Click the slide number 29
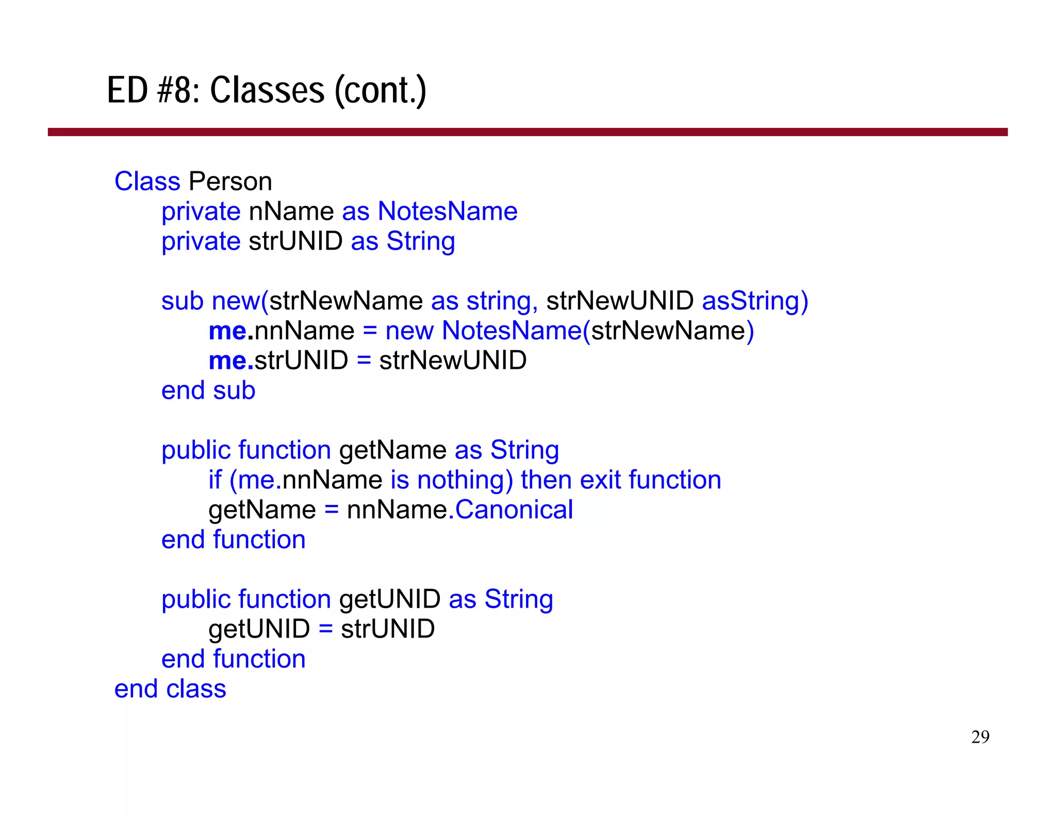pyautogui.click(x=980, y=737)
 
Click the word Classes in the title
pyautogui.click(x=267, y=91)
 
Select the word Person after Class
pyautogui.click(x=230, y=182)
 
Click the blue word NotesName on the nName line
pyautogui.click(x=448, y=211)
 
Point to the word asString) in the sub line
pyautogui.click(x=755, y=301)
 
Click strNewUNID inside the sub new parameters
pyautogui.click(x=620, y=301)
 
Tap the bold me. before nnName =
pyautogui.click(x=230, y=331)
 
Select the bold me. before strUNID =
pyautogui.click(x=230, y=361)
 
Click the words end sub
pyautogui.click(x=208, y=390)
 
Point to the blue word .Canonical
pyautogui.click(x=511, y=510)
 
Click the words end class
pyautogui.click(x=170, y=689)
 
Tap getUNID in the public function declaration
pyautogui.click(x=390, y=599)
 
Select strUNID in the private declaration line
pyautogui.click(x=295, y=241)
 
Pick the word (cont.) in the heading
pyautogui.click(x=381, y=91)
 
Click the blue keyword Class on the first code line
pyautogui.click(x=147, y=182)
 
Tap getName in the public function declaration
pyautogui.click(x=393, y=450)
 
